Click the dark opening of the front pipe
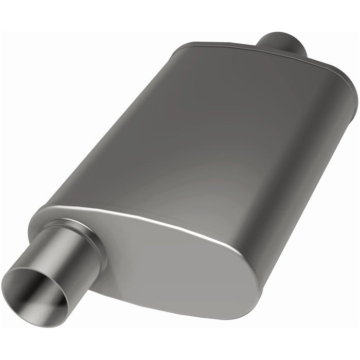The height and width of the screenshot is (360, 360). [33, 293]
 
